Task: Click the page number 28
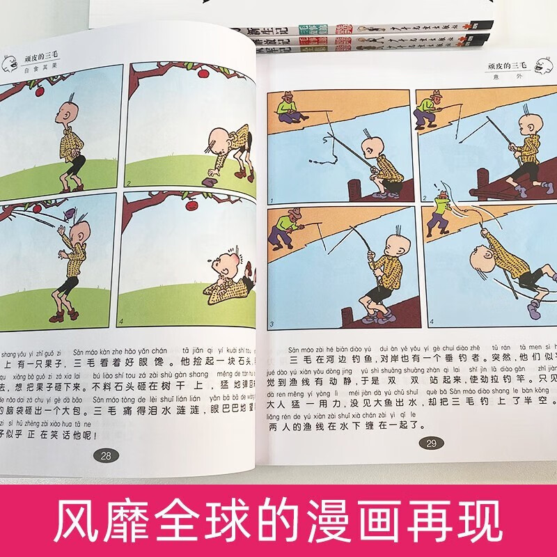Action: (106, 456)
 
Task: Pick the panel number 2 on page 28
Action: (129, 184)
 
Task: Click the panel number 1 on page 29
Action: (273, 198)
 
